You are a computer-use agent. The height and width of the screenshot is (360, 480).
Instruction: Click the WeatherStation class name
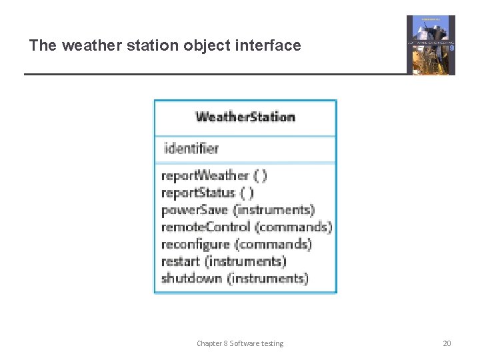tap(245, 117)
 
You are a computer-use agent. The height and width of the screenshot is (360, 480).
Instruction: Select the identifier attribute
tap(191, 149)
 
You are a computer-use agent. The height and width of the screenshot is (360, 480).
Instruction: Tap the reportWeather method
tap(205, 176)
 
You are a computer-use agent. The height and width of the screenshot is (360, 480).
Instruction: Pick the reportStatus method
tap(198, 193)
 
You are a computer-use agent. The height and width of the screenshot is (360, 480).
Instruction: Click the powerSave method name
tap(195, 210)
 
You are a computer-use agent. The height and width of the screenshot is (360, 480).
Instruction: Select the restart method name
tap(181, 261)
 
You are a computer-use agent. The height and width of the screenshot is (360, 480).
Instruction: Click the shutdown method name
tap(191, 279)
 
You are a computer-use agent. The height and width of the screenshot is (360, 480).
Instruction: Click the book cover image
tap(431, 45)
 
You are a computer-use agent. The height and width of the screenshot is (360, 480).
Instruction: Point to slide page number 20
tap(447, 343)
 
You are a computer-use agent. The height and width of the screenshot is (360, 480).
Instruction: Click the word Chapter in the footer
tap(209, 343)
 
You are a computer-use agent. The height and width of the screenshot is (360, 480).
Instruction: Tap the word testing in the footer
tap(270, 343)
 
